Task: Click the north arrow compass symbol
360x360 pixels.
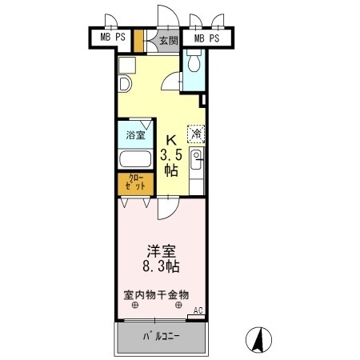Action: click(258, 340)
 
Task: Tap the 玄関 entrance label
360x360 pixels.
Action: click(169, 41)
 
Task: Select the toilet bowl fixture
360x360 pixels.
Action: click(194, 61)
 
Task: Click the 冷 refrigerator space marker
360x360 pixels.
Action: click(196, 134)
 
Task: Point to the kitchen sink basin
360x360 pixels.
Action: click(196, 160)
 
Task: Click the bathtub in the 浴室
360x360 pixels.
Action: click(135, 159)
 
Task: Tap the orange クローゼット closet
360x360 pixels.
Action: click(136, 184)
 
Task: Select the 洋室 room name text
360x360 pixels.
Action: click(162, 251)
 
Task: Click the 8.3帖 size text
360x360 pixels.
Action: click(161, 266)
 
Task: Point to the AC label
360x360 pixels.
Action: click(198, 310)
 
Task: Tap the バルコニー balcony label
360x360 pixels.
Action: click(162, 336)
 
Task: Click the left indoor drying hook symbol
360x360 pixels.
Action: click(135, 305)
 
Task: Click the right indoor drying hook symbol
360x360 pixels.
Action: click(178, 305)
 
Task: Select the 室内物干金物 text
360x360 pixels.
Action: click(156, 294)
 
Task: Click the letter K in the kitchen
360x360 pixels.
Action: click(171, 140)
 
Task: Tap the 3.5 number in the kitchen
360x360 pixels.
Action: click(171, 154)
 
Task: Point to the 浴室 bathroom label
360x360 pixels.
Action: click(135, 135)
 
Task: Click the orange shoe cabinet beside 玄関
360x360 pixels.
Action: click(138, 41)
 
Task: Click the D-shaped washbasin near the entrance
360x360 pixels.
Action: click(125, 84)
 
